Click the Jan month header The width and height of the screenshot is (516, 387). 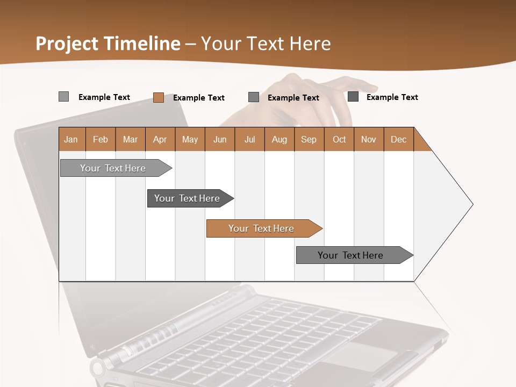click(x=71, y=139)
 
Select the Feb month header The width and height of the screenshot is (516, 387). click(x=101, y=139)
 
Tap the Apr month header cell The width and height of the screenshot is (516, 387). click(x=160, y=139)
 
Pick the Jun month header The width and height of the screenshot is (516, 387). click(x=220, y=139)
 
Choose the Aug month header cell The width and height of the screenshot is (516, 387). click(x=279, y=139)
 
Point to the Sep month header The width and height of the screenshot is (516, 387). click(x=309, y=139)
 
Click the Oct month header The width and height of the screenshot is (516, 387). click(x=339, y=139)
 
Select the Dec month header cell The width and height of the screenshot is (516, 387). click(x=399, y=139)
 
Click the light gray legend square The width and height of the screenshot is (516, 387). click(x=63, y=97)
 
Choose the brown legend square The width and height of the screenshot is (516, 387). click(x=159, y=97)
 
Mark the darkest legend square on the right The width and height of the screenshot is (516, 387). click(x=353, y=97)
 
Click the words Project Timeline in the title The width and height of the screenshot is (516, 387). click(x=107, y=44)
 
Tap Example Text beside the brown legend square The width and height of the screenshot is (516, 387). click(x=199, y=98)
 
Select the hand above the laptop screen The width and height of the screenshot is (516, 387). click(x=301, y=99)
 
